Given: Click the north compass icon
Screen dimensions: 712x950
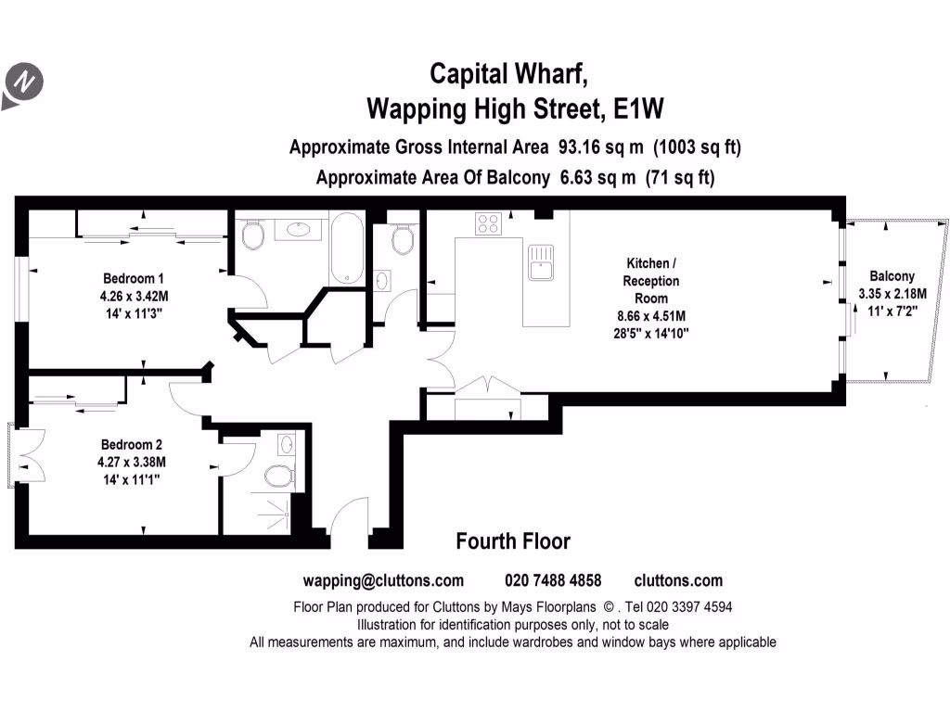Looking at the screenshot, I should coord(24,83).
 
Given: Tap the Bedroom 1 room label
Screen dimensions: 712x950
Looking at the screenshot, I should coord(133,278).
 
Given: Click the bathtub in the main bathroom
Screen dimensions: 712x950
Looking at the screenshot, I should coord(348,248).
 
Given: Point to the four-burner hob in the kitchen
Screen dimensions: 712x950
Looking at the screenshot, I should coord(488,223).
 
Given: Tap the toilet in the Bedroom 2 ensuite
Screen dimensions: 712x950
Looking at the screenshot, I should coord(279,477).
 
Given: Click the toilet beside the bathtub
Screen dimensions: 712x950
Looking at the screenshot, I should coord(252,235).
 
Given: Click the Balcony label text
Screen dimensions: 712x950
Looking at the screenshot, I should coord(892,276).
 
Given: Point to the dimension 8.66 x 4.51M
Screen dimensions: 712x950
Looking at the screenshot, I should coord(650,315).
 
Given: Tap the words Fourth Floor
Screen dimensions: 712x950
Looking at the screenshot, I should coord(513,541).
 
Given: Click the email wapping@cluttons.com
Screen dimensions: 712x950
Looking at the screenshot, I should coord(383,581).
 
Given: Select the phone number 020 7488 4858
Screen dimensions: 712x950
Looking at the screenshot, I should coord(553,581).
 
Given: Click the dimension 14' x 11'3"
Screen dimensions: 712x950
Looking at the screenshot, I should coord(133,312).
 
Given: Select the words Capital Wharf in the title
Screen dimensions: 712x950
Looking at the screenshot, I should coord(507,72).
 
